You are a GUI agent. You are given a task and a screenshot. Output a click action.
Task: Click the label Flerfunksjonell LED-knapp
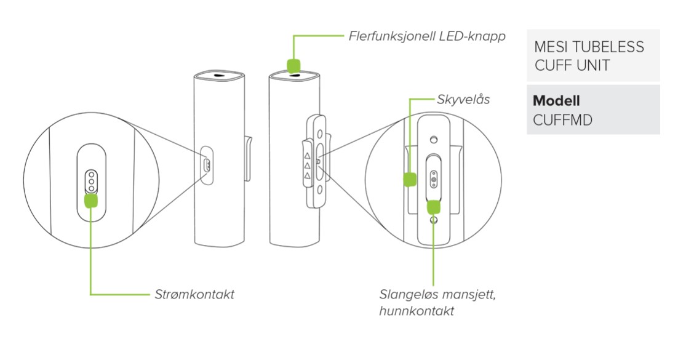tap(427, 36)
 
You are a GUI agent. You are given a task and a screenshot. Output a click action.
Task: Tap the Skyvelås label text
tap(463, 99)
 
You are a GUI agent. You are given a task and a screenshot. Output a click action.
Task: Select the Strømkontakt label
tap(194, 295)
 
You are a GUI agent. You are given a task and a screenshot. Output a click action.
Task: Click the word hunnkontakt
tap(417, 311)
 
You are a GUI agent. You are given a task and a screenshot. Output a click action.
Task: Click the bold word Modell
tap(557, 101)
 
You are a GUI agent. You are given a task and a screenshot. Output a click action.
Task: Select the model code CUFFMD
tap(563, 120)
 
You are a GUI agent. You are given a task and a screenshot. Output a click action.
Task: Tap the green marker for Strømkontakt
tap(90, 199)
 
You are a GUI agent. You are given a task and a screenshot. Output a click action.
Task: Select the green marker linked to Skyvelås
tap(410, 179)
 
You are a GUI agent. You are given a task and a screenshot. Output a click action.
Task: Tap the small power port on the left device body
tap(207, 165)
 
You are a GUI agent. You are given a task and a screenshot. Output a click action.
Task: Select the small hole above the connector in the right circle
tap(434, 138)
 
